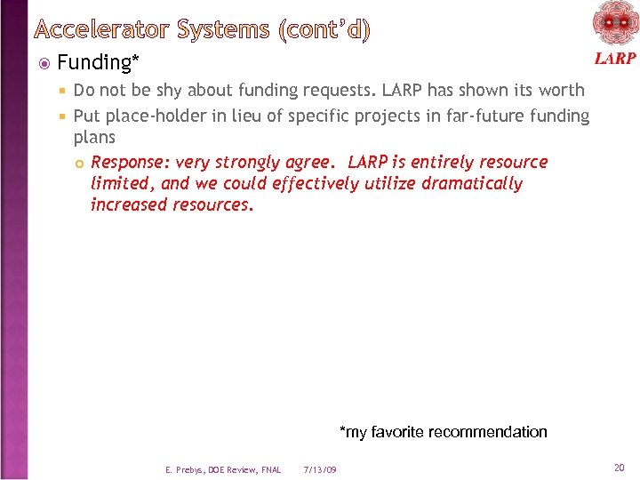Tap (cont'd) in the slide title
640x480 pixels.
click(324, 30)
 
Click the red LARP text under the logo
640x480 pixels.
click(614, 59)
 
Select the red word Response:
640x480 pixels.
click(131, 163)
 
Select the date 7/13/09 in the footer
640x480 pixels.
click(320, 469)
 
